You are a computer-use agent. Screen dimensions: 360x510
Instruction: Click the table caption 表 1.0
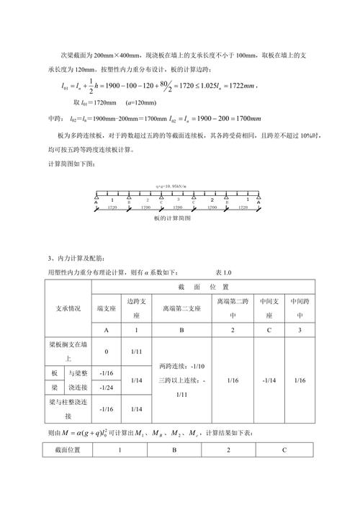point(224,272)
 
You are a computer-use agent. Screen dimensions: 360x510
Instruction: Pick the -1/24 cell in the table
point(107,388)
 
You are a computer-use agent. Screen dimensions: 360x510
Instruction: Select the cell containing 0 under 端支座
point(107,352)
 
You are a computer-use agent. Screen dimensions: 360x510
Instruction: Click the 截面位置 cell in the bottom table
point(68,449)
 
